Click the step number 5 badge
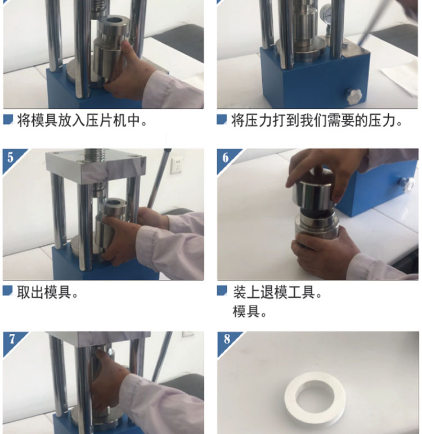[10, 157]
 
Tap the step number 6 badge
[225, 157]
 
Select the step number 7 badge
[11, 339]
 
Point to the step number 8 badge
[226, 339]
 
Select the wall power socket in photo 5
[177, 165]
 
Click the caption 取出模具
[47, 292]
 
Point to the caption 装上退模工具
[277, 292]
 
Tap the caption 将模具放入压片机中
[82, 120]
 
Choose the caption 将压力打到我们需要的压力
[317, 120]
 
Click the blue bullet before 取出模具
[7, 291]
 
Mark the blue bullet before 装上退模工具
[222, 290]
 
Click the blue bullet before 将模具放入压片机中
[8, 119]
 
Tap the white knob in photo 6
[407, 184]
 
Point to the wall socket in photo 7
[188, 334]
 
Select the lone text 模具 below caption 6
[249, 312]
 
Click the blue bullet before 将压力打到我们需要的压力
[222, 119]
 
